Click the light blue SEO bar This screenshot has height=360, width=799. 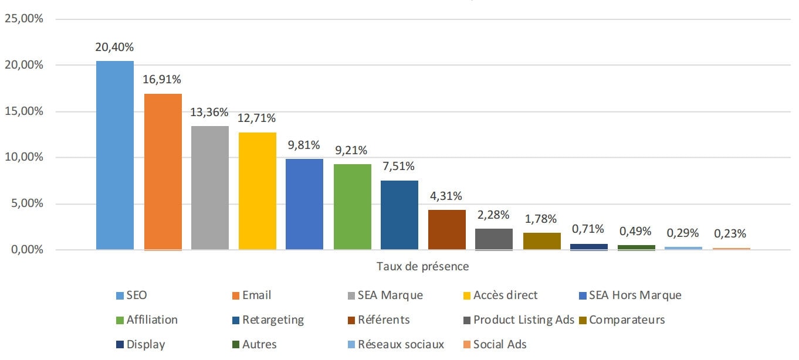(115, 155)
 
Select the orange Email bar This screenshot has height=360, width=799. (162, 172)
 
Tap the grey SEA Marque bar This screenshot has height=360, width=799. (210, 188)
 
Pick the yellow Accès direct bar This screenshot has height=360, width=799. (257, 191)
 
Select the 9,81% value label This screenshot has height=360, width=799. (304, 146)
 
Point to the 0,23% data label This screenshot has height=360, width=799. (730, 234)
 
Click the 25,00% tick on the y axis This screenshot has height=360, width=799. (24, 19)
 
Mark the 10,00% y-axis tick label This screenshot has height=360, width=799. (24, 158)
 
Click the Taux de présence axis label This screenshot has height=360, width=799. (422, 267)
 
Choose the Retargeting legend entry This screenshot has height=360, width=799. (273, 320)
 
